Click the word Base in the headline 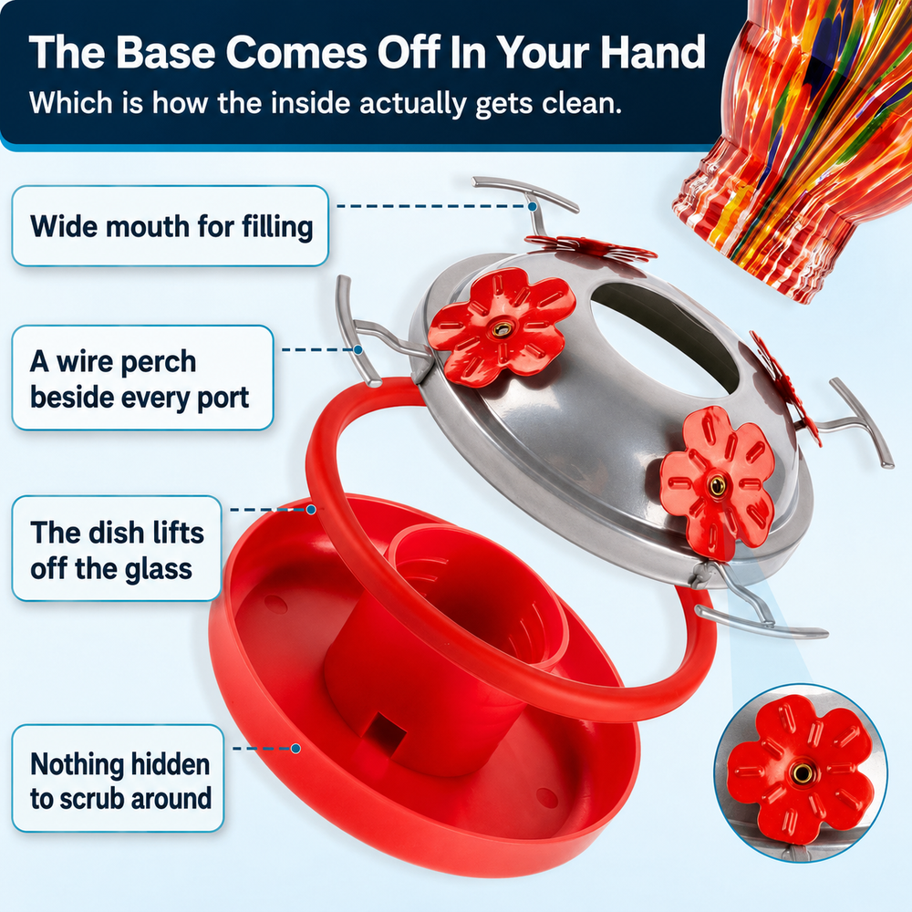[x=166, y=52]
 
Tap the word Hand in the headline [x=653, y=52]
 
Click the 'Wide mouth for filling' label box [x=171, y=225]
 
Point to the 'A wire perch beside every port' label [x=142, y=378]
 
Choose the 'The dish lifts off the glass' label [x=117, y=548]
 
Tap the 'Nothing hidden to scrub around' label [x=118, y=778]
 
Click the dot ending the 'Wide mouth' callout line [x=533, y=206]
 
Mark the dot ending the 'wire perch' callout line [x=358, y=349]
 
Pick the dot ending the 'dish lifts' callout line [x=311, y=510]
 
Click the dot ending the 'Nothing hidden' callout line [x=295, y=749]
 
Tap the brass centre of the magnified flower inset [x=803, y=773]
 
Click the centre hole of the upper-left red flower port [x=501, y=329]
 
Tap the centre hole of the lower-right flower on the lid [x=717, y=484]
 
